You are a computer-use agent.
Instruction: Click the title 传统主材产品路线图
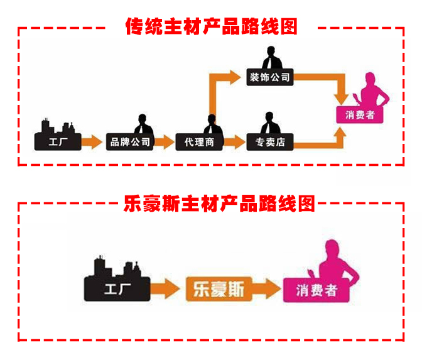tap(210, 27)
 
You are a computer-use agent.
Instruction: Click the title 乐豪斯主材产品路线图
tap(210, 204)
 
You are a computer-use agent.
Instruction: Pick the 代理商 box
tap(200, 142)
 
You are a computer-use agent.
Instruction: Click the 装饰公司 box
tap(269, 78)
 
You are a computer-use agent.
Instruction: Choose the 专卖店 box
tap(271, 142)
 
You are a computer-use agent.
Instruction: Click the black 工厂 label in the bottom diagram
tap(117, 291)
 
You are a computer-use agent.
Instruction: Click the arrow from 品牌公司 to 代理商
tap(164, 142)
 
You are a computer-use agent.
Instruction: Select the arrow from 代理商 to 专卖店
tap(234, 142)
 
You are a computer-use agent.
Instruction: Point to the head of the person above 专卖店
tap(270, 117)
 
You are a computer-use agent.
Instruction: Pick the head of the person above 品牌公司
tap(139, 117)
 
